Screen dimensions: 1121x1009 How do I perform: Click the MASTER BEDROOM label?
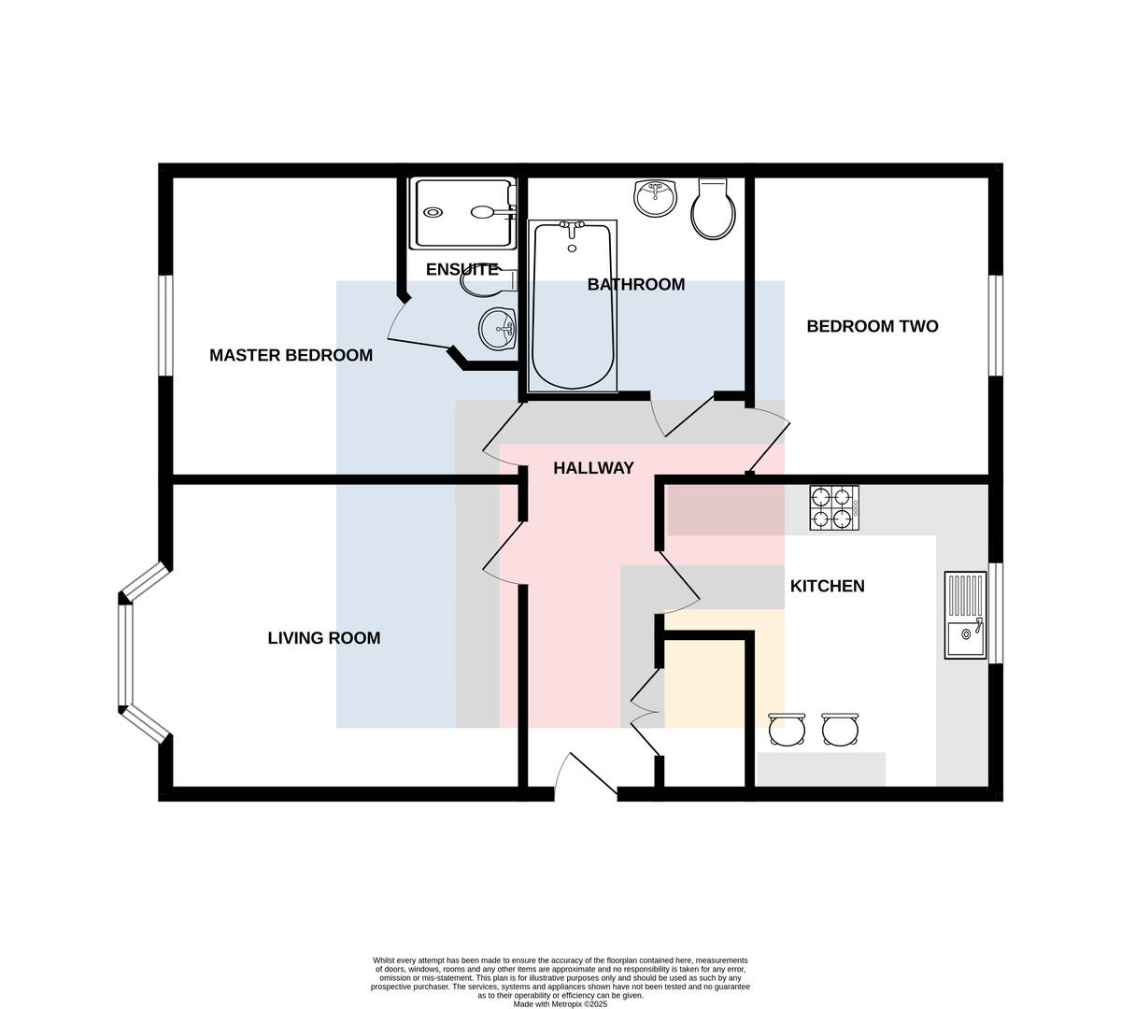point(291,355)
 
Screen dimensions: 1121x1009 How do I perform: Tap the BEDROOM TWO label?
point(873,326)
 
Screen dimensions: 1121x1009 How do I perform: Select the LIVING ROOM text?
point(323,638)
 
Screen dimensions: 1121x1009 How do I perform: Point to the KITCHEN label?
point(827,586)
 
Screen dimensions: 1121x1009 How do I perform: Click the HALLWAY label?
point(593,468)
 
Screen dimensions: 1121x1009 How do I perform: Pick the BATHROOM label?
point(636,285)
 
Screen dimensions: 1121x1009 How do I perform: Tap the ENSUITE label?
point(461,269)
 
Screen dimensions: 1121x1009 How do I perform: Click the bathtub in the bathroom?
point(573,306)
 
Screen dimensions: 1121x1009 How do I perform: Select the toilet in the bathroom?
point(713,209)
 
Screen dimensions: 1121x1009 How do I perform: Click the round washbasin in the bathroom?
point(656,198)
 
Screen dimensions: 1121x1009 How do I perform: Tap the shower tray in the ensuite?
point(462,213)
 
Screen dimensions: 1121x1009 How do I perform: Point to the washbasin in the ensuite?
point(497,329)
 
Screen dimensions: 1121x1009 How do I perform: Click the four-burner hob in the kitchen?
point(834,507)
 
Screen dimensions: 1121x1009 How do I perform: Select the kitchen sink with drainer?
point(965,615)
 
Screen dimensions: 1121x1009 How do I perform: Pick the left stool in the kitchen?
point(787,730)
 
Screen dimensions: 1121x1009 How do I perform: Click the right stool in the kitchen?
point(840,730)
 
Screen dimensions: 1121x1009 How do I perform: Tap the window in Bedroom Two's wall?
point(996,325)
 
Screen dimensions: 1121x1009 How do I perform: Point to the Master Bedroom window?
point(165,325)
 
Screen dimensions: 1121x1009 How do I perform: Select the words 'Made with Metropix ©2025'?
point(560,1004)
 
